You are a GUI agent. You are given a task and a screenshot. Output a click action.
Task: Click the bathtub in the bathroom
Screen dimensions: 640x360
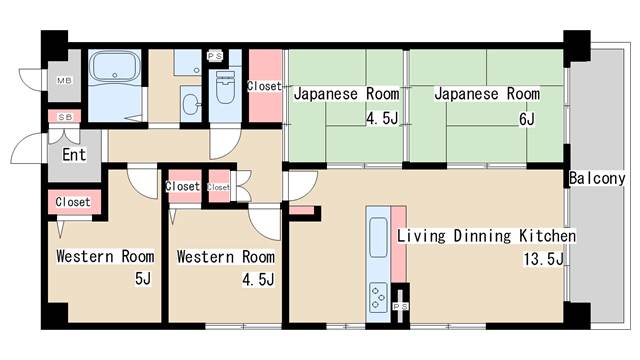[115, 66]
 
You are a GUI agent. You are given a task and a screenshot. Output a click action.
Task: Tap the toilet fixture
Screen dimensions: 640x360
[225, 87]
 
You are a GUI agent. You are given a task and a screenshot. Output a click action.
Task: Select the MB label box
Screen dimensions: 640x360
[64, 80]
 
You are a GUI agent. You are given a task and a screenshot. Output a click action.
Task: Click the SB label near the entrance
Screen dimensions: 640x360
[65, 117]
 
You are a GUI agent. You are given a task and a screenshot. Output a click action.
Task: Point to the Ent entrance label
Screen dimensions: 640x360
[74, 155]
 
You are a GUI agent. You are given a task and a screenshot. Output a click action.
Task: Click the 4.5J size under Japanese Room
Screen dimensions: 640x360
[382, 118]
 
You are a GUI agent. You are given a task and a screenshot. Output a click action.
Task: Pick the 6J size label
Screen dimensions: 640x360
[527, 119]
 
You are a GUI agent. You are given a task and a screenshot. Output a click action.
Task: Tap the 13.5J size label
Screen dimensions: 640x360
[544, 259]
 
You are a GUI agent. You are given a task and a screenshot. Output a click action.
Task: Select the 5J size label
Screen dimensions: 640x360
[143, 279]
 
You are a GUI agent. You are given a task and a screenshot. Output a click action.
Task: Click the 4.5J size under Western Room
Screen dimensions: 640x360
[258, 280]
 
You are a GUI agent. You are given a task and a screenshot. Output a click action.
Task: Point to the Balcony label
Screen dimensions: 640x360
[597, 178]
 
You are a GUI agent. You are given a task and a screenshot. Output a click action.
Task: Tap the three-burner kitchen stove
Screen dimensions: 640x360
[378, 298]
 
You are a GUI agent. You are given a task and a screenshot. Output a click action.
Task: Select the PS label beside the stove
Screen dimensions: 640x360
[400, 306]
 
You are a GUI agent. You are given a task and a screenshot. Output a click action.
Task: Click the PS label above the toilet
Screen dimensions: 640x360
[215, 56]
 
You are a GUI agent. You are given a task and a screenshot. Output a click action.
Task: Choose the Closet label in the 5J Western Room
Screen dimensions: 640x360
[73, 202]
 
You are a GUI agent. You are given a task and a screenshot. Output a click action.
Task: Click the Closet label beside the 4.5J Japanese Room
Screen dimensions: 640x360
[264, 86]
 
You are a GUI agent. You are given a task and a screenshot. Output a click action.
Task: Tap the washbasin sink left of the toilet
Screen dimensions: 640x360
[191, 104]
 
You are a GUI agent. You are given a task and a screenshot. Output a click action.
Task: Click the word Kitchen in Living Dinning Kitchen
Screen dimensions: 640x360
[548, 236]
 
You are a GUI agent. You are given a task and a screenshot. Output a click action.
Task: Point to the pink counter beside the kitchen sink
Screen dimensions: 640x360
[399, 244]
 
